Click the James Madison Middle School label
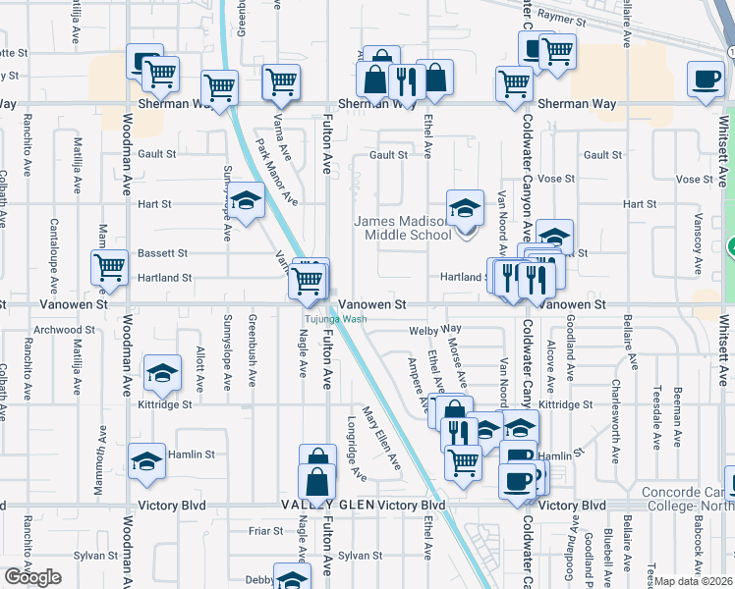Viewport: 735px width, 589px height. point(403,229)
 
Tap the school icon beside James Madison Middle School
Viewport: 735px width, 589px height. point(465,207)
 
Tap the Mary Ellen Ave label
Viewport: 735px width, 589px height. point(381,437)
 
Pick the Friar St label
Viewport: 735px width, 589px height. point(265,531)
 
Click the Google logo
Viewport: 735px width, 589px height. point(32,577)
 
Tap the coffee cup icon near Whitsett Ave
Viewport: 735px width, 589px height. point(705,80)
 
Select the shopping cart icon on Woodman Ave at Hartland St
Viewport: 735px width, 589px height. point(110,266)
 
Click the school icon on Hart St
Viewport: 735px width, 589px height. point(247,201)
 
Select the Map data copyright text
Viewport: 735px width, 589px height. point(694,581)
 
